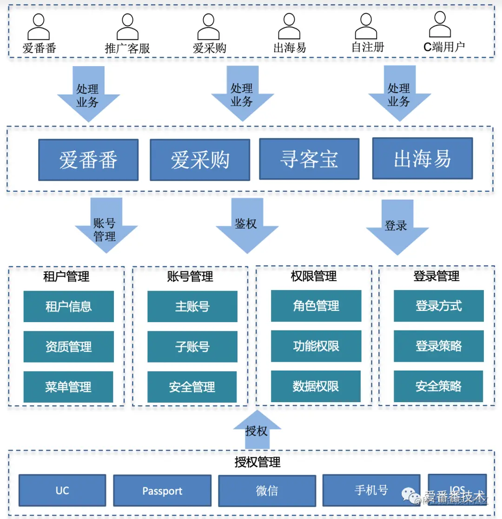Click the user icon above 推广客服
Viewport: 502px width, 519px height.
[127, 27]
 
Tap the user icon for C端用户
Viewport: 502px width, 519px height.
[440, 24]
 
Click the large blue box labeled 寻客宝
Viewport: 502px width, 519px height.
[309, 159]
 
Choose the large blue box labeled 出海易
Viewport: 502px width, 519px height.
[422, 158]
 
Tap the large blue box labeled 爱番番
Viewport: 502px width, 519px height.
[88, 160]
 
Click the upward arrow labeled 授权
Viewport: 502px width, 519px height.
[257, 427]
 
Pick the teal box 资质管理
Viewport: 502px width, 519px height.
[68, 347]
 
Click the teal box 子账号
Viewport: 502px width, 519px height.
[192, 347]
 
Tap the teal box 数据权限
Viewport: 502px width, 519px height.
[316, 386]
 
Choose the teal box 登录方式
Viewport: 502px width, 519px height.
[438, 306]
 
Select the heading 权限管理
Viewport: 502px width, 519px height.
[314, 276]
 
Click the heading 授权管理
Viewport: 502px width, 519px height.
[258, 462]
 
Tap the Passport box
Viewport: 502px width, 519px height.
[162, 491]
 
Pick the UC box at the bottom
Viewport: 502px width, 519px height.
[62, 491]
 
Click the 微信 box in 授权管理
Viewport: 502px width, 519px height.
[267, 491]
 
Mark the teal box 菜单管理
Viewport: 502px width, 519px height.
[68, 387]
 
